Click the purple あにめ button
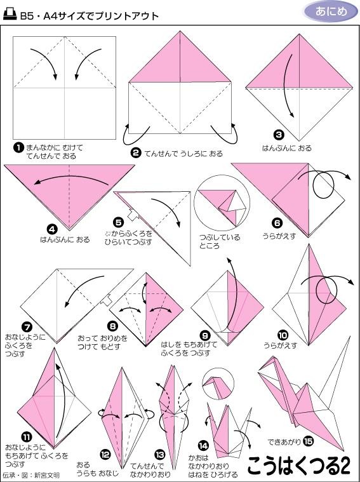point(331,11)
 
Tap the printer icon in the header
point(10,14)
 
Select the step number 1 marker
point(18,147)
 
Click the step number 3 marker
point(279,135)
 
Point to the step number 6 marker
point(277,222)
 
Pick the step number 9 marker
point(204,335)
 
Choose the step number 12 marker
point(105,454)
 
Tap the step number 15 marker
point(308,442)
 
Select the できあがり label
point(284,442)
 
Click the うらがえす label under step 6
point(279,236)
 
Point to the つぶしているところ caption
point(220,241)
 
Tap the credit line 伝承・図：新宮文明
point(31,475)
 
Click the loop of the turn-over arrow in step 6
point(323,185)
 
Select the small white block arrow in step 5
point(133,215)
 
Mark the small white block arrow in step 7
point(107,300)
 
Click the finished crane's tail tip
point(350,337)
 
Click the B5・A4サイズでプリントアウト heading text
point(90,15)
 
